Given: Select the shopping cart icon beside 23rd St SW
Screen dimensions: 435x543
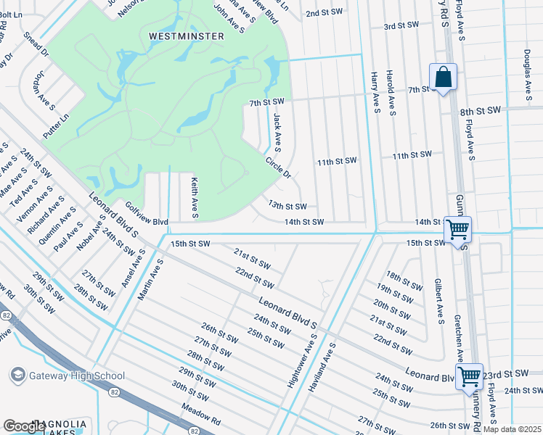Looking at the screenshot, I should (x=469, y=376).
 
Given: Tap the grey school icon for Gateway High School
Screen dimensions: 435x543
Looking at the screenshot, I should (x=17, y=375).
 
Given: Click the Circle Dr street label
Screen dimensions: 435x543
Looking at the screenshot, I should (x=277, y=168).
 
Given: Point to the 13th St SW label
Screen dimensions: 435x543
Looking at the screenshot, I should (x=287, y=206).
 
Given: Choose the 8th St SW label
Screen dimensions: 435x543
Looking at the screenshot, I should (x=481, y=111).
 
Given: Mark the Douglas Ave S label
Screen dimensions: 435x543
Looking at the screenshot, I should (x=528, y=70).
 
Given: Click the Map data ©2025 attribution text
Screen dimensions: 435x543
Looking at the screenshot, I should (x=513, y=429).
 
